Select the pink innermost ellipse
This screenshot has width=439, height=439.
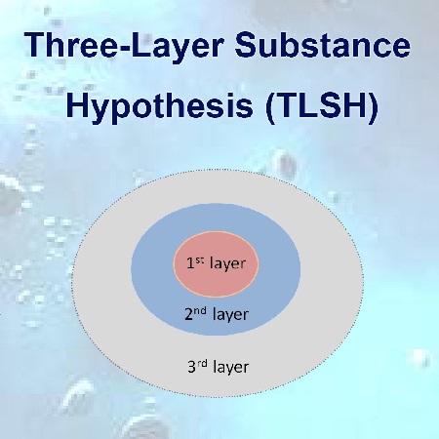(217, 244)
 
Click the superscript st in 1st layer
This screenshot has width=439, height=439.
(198, 260)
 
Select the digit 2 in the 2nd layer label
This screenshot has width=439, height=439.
(188, 315)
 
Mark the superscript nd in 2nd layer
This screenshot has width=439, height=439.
(199, 311)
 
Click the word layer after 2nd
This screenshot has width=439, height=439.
(230, 315)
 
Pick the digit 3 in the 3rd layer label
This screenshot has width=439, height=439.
(190, 368)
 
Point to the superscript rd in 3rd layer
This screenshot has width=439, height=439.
(200, 364)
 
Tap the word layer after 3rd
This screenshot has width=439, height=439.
(229, 368)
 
